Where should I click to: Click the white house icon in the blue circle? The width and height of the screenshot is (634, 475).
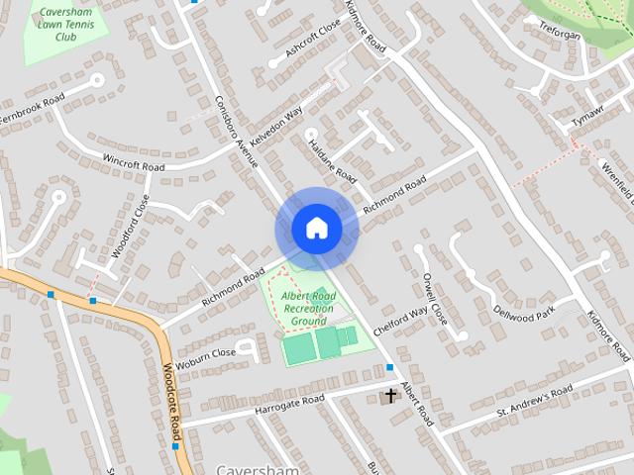(316, 228)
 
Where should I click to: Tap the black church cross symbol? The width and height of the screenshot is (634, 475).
(390, 396)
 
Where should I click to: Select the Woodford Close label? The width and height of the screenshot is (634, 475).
(131, 225)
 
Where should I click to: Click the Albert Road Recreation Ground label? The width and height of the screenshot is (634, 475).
(309, 308)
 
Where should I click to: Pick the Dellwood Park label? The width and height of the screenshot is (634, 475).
(524, 316)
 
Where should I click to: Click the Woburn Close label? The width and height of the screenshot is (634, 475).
(208, 352)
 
